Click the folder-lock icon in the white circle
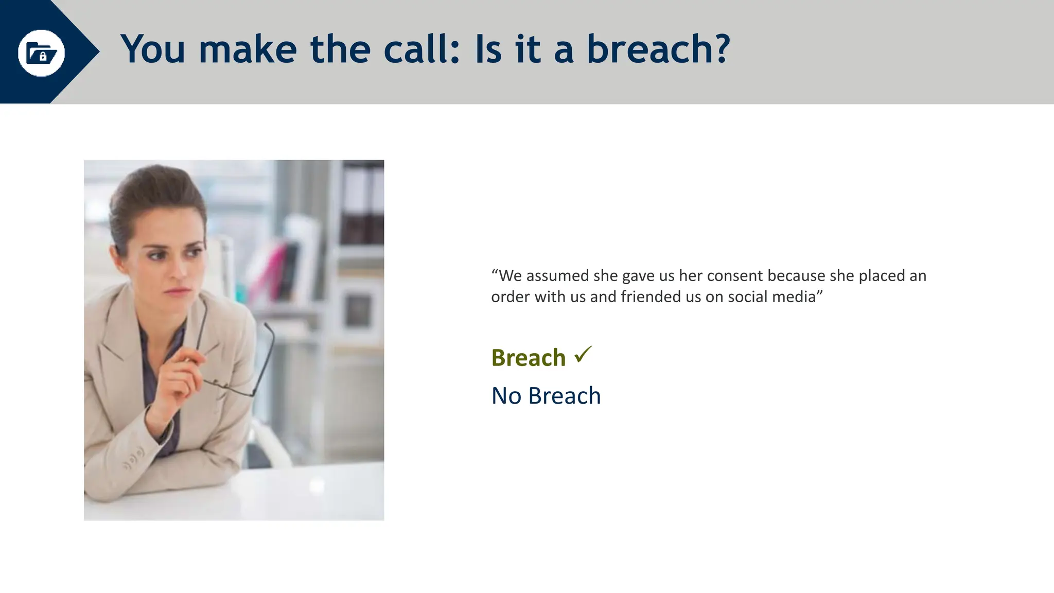pos(41,53)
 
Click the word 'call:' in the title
pos(421,49)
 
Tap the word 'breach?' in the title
pos(658,49)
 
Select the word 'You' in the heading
pos(153,49)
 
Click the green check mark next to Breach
pos(583,354)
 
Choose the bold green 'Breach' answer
pos(528,358)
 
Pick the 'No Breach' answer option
pos(546,396)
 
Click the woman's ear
pos(119,252)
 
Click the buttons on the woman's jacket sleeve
pos(133,460)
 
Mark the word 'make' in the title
pos(248,49)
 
